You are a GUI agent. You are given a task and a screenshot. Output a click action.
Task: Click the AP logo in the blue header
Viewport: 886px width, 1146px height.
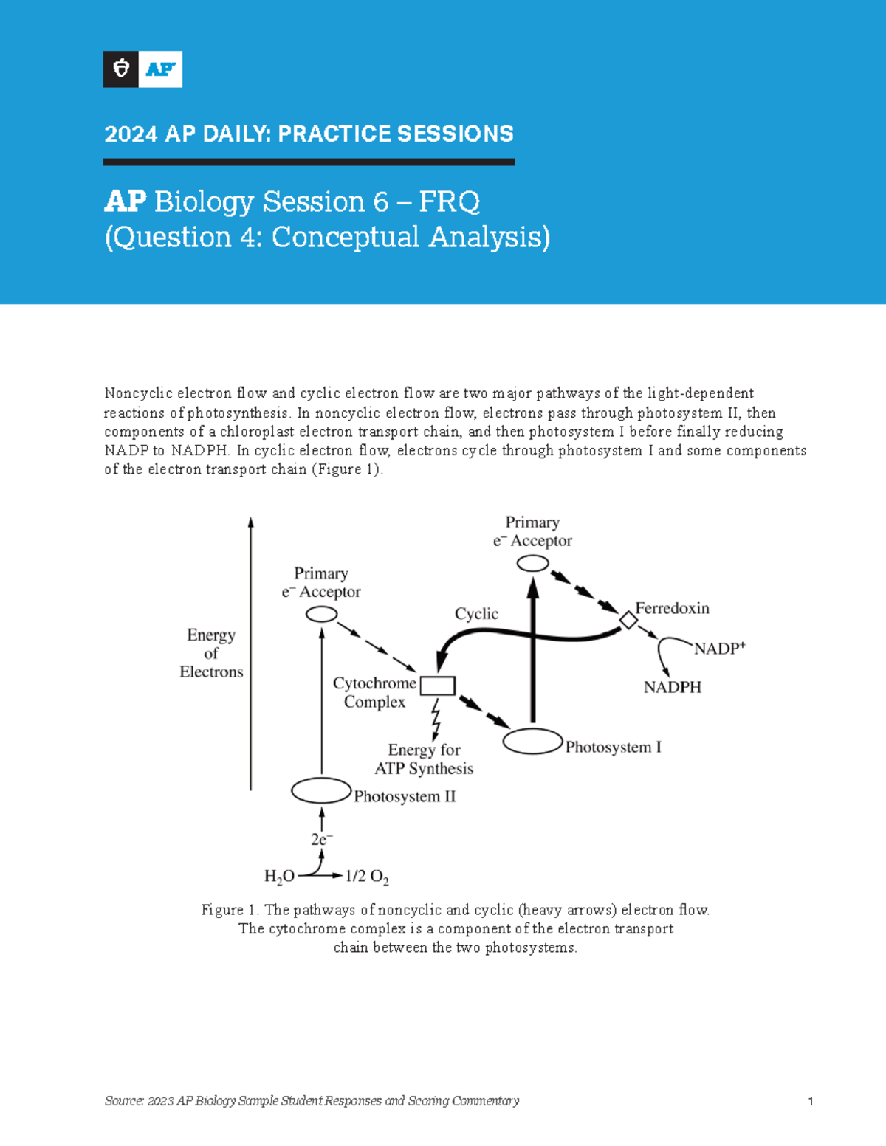pyautogui.click(x=142, y=69)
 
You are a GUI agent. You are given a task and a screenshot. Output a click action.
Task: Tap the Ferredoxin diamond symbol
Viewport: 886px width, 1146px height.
pyautogui.click(x=628, y=620)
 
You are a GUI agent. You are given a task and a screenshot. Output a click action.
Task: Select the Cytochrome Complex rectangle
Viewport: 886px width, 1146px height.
pyautogui.click(x=438, y=686)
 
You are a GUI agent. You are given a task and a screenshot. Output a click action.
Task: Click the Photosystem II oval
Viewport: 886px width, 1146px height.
pyautogui.click(x=321, y=791)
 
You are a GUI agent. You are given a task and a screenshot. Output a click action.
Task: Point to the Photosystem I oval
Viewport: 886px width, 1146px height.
pyautogui.click(x=532, y=742)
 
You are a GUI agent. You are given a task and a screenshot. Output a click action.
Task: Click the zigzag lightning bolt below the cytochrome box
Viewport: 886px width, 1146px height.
pyautogui.click(x=436, y=718)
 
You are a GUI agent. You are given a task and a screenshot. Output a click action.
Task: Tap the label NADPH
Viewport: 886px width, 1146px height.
pyautogui.click(x=672, y=687)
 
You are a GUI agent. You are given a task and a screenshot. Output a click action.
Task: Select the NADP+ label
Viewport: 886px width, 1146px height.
pyautogui.click(x=719, y=649)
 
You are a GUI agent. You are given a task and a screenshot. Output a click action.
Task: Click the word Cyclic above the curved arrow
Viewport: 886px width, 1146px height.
pyautogui.click(x=476, y=614)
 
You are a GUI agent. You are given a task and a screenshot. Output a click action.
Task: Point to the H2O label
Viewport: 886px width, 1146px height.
pyautogui.click(x=279, y=877)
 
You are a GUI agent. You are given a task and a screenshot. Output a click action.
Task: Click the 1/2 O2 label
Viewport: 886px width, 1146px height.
pyautogui.click(x=367, y=877)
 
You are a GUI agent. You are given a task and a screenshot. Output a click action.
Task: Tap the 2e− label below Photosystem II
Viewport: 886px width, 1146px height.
pyautogui.click(x=321, y=840)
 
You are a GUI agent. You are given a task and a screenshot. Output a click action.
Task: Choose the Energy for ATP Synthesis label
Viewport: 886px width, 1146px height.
pyautogui.click(x=424, y=759)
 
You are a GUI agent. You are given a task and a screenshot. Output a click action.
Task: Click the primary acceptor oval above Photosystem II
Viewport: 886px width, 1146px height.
pyautogui.click(x=321, y=613)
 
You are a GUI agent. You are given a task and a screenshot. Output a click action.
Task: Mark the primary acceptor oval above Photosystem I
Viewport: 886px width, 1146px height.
pyautogui.click(x=532, y=564)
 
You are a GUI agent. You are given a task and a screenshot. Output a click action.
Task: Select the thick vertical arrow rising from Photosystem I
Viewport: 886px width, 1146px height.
pyautogui.click(x=532, y=649)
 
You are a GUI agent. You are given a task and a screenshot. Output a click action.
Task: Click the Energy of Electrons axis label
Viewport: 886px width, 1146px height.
pyautogui.click(x=211, y=653)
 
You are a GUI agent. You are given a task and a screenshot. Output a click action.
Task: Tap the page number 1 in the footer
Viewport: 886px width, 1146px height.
pyautogui.click(x=811, y=1102)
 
